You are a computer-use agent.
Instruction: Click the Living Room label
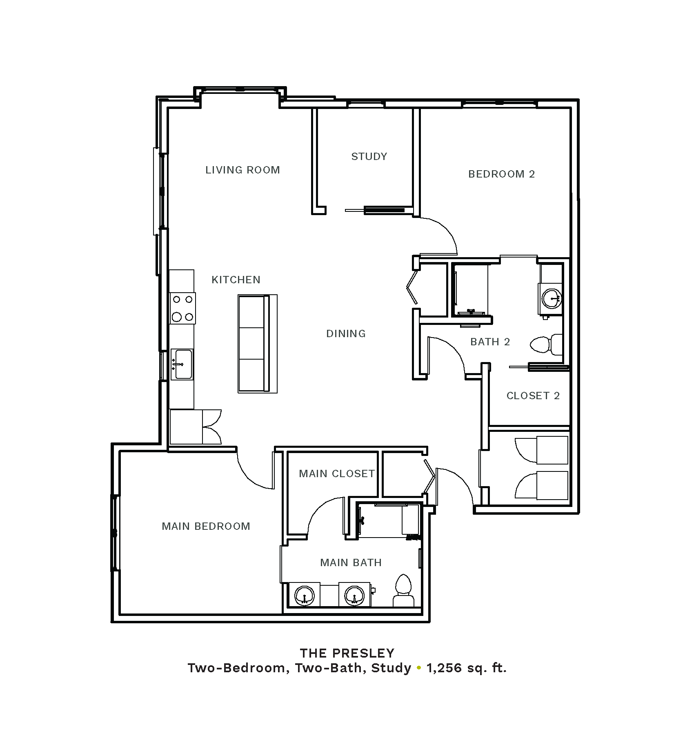242,170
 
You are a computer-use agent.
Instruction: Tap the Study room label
369,156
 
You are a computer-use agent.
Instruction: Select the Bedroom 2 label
501,174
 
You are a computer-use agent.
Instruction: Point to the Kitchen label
236,280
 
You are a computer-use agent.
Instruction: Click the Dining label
346,333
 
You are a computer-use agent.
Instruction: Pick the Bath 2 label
490,342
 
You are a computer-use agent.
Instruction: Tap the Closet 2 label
533,396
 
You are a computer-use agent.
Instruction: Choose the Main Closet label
337,473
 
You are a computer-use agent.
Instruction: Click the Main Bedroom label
206,526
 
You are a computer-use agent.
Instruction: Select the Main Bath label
351,562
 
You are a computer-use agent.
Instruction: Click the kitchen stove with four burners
182,308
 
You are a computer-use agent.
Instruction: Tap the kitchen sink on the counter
182,364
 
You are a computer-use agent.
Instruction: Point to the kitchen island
258,344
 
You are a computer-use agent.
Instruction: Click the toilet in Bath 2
546,344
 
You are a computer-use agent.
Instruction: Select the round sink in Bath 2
551,298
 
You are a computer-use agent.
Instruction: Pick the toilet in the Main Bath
403,590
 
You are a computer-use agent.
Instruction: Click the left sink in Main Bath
305,595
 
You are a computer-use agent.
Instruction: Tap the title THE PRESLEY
347,653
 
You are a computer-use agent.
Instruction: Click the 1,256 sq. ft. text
467,668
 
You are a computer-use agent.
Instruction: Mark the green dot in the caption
418,668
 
